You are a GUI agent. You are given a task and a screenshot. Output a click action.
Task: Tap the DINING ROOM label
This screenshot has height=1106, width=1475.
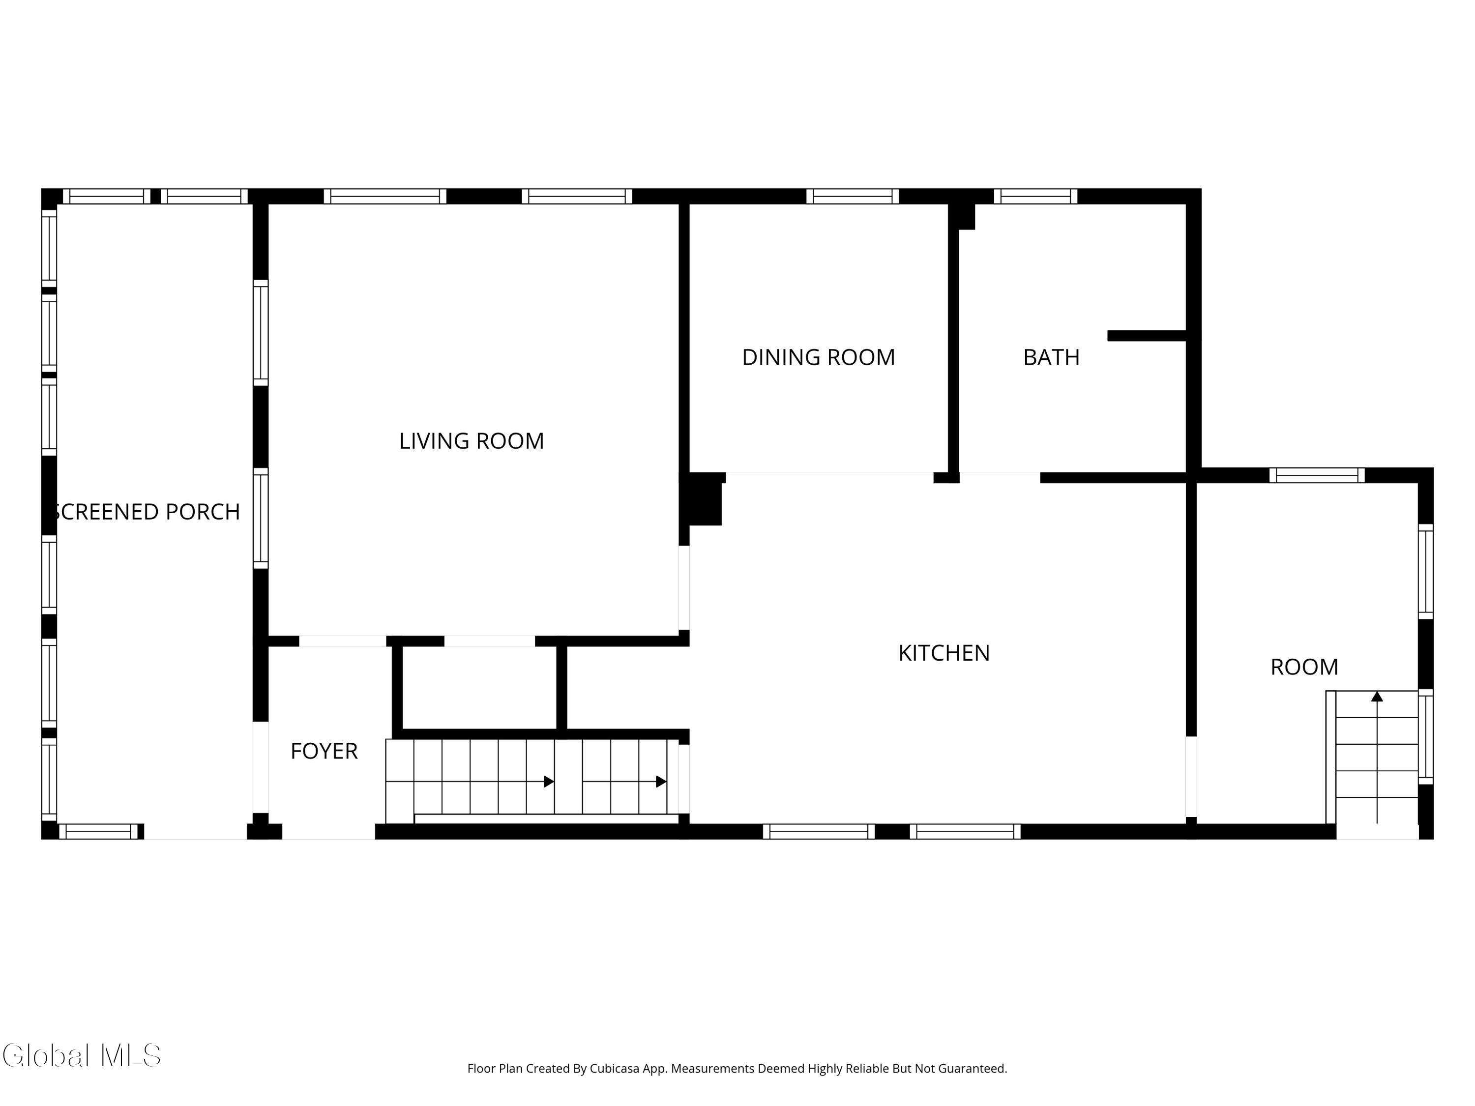click(x=818, y=357)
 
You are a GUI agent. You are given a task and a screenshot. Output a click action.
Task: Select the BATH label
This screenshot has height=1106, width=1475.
click(x=1051, y=357)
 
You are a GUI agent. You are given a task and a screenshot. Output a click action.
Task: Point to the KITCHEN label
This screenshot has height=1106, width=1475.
click(x=944, y=653)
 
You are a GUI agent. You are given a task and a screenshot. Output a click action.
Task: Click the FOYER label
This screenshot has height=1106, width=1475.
click(x=324, y=751)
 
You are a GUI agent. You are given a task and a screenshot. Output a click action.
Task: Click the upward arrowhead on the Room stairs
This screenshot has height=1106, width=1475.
click(x=1377, y=697)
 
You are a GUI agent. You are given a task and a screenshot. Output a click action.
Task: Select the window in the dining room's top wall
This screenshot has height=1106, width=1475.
click(x=852, y=196)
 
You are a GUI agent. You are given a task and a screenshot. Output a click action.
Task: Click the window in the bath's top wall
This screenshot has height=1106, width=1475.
click(x=1035, y=196)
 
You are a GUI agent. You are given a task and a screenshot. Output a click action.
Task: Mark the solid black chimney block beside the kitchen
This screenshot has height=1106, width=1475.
click(x=704, y=500)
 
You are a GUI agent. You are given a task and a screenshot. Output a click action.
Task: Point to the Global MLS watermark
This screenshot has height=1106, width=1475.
click(x=81, y=1055)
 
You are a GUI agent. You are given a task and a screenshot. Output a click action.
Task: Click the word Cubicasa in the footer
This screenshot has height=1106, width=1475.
click(x=615, y=1069)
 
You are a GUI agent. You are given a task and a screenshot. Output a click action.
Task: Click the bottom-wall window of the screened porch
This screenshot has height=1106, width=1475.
click(x=100, y=831)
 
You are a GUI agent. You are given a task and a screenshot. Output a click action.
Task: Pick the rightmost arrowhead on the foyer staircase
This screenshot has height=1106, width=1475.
click(x=661, y=782)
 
